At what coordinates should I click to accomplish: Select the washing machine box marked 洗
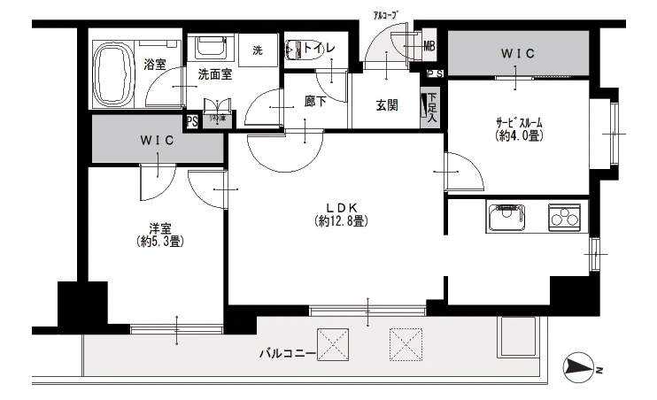pos(258,50)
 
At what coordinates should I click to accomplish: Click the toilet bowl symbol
pos(298,51)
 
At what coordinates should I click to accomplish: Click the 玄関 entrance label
pos(386,105)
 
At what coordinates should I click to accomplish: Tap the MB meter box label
pos(429,46)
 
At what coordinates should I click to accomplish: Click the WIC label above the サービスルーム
pos(518,54)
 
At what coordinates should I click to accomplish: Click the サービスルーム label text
pos(519,123)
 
